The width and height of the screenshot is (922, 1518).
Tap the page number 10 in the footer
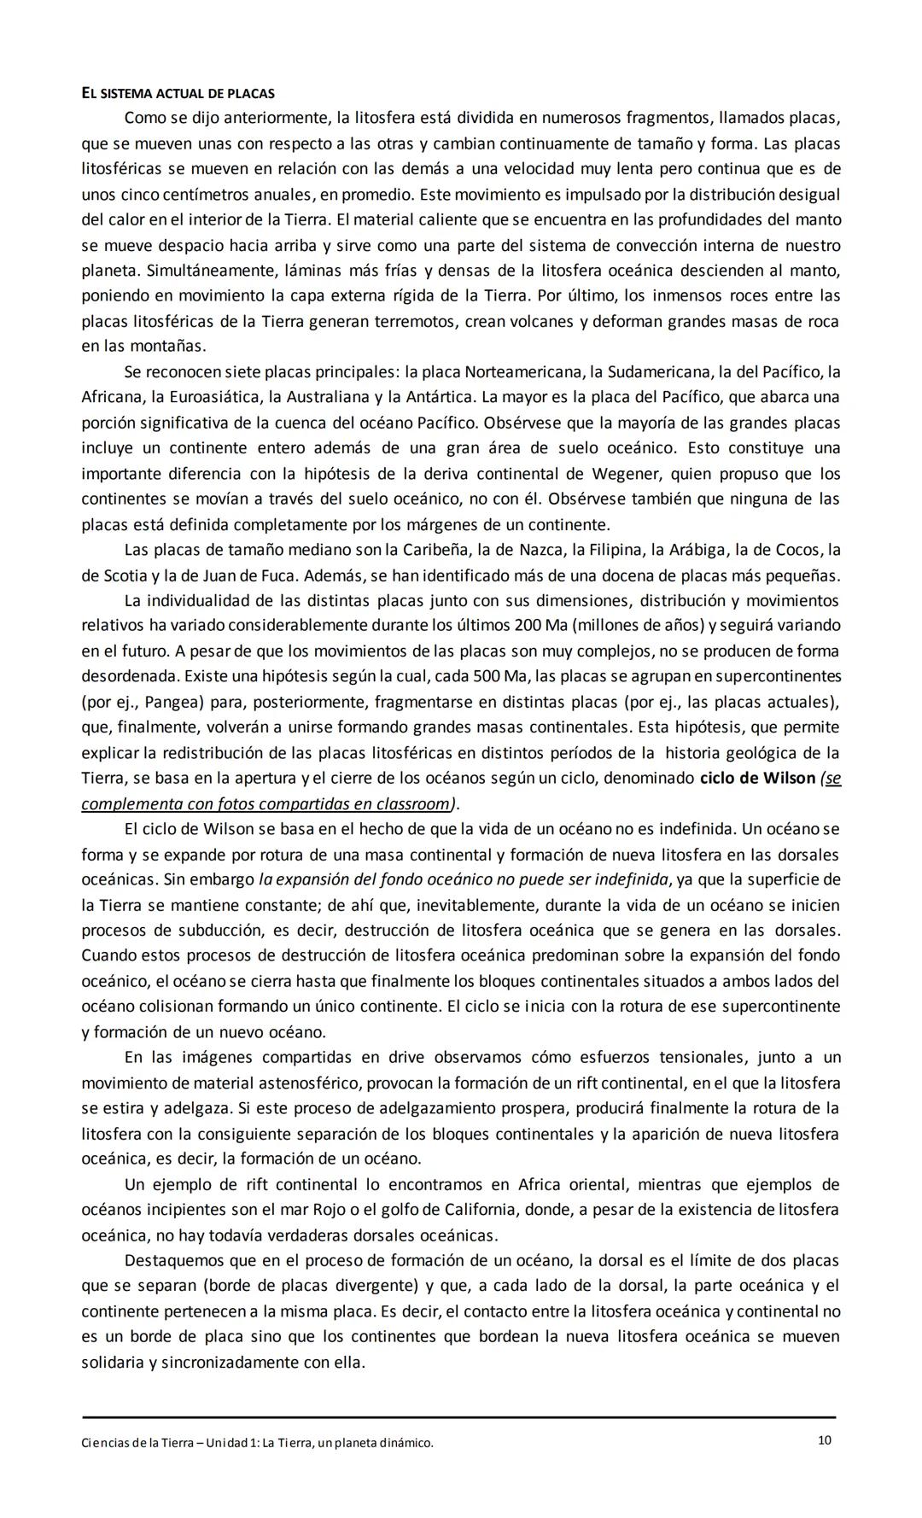point(824,1440)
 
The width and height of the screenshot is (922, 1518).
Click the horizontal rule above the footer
point(458,1417)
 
